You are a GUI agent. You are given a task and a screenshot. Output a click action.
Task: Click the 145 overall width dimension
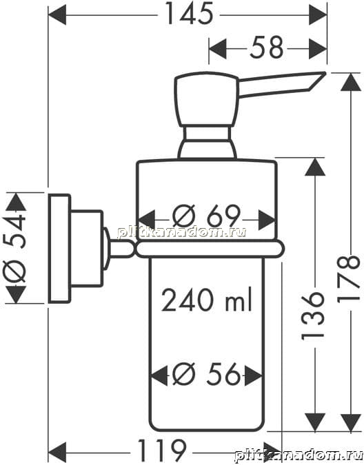pos(189,14)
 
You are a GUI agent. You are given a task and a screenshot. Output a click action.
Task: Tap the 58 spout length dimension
pos(267,48)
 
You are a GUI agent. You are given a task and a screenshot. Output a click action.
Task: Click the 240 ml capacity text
pos(207,299)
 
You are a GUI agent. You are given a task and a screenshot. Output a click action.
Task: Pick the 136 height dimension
pos(313,316)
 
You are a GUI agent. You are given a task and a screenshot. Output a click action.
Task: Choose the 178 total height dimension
pos(349,279)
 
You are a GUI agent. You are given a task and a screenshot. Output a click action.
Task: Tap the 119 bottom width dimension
pos(162,451)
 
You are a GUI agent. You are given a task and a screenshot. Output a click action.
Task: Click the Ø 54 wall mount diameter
pos(15,248)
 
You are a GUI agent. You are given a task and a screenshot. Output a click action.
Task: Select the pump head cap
pos(207,99)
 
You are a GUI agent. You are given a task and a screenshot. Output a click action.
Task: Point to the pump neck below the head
pos(208,142)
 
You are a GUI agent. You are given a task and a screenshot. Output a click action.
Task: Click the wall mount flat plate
pos(59,248)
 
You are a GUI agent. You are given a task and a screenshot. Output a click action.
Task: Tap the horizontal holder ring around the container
pos(210,249)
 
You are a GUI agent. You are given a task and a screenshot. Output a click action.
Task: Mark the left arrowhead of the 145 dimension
pos(57,14)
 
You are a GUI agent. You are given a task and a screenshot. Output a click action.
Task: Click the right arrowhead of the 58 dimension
pos(318,48)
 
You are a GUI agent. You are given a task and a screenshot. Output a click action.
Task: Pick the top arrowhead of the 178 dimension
pos(351,82)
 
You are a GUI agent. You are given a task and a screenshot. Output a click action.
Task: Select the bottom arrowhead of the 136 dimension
pos(315,422)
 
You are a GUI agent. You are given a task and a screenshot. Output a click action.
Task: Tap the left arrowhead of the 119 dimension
pos(57,452)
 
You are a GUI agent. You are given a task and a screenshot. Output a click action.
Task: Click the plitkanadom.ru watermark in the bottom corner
pos(299,455)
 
